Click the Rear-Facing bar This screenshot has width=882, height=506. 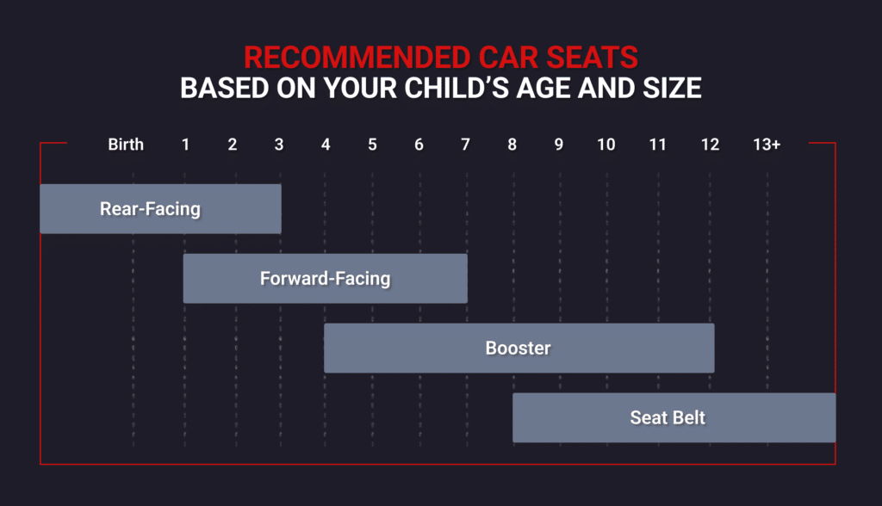coord(160,208)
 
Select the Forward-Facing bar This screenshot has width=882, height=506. coord(325,278)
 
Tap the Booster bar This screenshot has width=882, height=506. coord(519,348)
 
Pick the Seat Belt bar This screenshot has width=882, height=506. coord(674,417)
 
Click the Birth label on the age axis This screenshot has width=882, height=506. coord(126,145)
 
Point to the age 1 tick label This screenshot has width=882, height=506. coord(185,145)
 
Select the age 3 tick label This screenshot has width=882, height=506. coord(278,145)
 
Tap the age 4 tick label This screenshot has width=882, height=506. coord(326,145)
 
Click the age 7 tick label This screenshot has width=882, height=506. coord(465,145)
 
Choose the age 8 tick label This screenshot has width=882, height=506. coord(512,145)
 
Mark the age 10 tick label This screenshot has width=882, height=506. coord(606,145)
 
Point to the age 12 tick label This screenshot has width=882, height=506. coord(710,145)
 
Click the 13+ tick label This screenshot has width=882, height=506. coord(766,145)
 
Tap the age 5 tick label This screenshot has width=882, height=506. coord(372,145)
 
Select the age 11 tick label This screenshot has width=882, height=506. coord(657,145)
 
